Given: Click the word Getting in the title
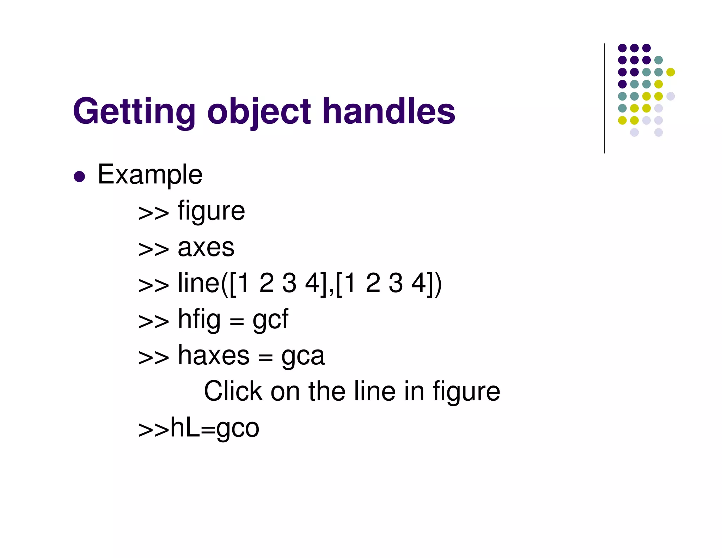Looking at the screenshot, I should [134, 112].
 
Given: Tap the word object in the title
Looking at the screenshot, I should [259, 112].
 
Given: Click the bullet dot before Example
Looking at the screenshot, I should [79, 176].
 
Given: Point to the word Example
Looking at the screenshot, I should [150, 175].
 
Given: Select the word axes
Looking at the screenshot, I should [206, 248].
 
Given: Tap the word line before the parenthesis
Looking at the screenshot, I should [198, 283].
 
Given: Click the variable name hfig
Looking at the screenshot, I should [199, 320].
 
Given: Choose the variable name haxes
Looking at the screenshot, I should [214, 356].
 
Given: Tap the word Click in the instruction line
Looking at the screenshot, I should [233, 392].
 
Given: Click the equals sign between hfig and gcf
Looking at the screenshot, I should [237, 321].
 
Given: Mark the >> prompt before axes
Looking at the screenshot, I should [153, 249].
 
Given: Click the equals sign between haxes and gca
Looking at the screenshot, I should [265, 357].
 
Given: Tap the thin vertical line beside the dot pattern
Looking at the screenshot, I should [604, 99].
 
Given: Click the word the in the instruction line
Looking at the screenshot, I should [327, 392].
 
